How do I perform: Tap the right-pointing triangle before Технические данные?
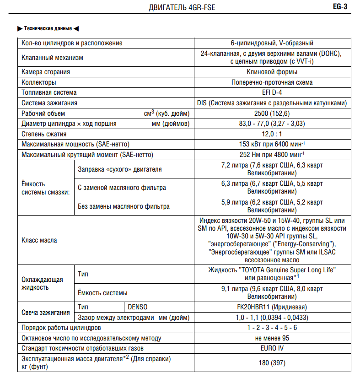[20, 29]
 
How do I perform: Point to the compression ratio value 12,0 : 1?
[272, 134]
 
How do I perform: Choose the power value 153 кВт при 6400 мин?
[272, 144]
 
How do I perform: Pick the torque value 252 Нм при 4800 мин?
[272, 155]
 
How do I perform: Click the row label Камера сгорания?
[46, 72]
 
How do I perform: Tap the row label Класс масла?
[39, 240]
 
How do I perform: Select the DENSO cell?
[138, 307]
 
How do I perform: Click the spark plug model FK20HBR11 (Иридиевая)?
[272, 307]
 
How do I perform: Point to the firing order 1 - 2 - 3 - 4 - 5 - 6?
[272, 328]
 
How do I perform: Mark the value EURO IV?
[272, 348]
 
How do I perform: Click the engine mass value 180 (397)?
[272, 363]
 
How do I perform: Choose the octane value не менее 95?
[272, 338]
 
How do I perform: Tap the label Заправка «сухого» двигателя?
[120, 169]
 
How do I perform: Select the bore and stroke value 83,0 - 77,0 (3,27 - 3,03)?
[272, 124]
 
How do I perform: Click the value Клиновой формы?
[272, 72]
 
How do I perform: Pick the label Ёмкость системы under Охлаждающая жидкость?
[103, 293]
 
